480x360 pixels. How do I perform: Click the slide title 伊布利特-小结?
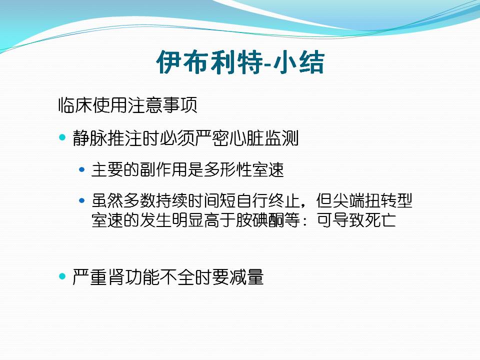(240, 62)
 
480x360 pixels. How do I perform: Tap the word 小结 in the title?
(298, 62)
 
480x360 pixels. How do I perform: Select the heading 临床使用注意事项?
(127, 105)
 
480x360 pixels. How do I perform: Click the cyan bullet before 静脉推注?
(62, 137)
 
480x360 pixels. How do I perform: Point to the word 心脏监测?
(264, 138)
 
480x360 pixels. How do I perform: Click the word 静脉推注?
(107, 138)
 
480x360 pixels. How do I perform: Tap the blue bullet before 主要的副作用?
(81, 169)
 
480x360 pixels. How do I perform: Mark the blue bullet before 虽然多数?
(81, 201)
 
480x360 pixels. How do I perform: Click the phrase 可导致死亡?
(356, 220)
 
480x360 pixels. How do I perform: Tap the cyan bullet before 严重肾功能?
(62, 276)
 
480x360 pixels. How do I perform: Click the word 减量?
(246, 276)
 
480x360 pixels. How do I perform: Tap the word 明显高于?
(203, 220)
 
